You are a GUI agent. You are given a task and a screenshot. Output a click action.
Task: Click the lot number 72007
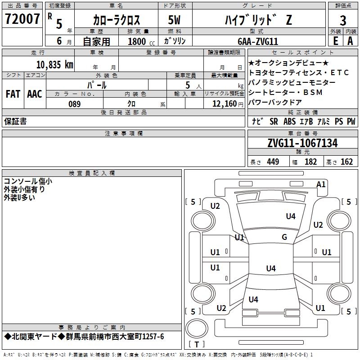22,19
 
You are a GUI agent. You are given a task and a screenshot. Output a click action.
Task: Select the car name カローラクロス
117,20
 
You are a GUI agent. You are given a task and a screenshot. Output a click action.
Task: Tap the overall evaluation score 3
343,20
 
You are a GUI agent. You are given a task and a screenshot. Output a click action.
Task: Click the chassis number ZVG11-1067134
302,144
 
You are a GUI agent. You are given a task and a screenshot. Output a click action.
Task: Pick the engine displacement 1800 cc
140,41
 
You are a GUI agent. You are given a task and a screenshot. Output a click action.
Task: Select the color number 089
74,104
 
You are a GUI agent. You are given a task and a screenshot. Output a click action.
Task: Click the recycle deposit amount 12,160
224,104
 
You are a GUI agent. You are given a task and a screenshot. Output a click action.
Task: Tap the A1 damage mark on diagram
321,184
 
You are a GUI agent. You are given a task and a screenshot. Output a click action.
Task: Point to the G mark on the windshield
284,237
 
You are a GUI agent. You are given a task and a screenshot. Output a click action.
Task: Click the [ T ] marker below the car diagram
197,344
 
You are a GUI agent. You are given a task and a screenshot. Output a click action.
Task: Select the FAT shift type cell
13,94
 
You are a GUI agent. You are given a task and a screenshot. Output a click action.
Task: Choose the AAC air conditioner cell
35,94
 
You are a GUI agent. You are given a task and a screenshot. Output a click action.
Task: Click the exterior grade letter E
335,41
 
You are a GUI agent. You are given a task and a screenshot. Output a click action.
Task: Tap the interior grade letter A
350,41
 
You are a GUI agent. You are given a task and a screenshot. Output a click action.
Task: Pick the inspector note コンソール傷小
27,181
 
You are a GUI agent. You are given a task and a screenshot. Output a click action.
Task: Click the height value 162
346,162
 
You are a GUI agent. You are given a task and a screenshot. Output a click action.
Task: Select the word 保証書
15,121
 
